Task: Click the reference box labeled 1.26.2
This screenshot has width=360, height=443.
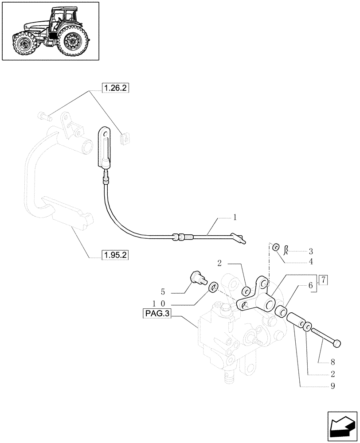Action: [x=115, y=88]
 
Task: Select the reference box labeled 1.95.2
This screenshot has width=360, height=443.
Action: [x=115, y=255]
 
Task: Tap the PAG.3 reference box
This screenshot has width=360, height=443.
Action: [x=157, y=314]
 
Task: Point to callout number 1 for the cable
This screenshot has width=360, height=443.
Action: [x=235, y=218]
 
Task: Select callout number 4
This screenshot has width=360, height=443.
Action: [x=311, y=262]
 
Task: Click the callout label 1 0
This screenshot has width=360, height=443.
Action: [x=159, y=303]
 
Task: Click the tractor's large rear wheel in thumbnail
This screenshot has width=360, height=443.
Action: [x=71, y=42]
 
